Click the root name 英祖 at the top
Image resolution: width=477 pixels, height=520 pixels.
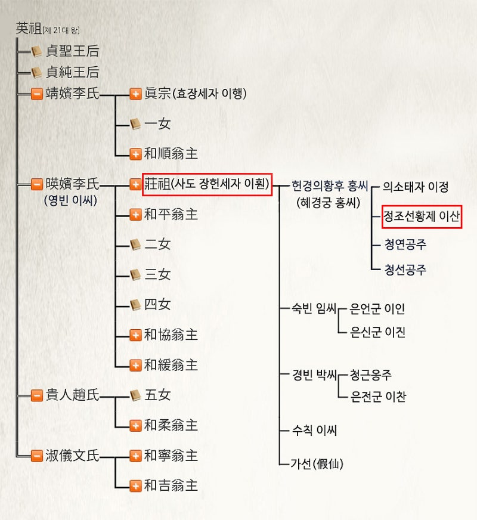point(29,29)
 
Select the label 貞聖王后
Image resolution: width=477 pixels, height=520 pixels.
point(73,51)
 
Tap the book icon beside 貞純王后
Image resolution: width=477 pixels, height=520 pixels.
point(36,72)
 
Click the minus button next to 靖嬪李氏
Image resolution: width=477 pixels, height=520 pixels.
point(37,94)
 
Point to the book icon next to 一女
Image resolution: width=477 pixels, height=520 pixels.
point(135,124)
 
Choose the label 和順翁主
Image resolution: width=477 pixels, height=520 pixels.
point(171,154)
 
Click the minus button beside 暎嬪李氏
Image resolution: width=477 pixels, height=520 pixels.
point(37,184)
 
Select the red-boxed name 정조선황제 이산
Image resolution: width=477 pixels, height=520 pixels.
point(422,216)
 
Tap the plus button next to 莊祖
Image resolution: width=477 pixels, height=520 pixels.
point(135,184)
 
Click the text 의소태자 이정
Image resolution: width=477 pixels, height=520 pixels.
point(416,187)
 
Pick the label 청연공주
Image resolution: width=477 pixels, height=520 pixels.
point(405,244)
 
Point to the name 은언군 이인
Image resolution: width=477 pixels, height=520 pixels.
point(377,309)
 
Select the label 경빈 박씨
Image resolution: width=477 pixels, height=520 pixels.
point(314,374)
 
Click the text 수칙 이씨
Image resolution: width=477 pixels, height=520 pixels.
point(314,431)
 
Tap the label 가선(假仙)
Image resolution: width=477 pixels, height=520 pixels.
point(317,463)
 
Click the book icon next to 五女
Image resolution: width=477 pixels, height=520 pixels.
point(135,395)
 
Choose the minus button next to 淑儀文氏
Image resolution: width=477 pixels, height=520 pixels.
point(37,456)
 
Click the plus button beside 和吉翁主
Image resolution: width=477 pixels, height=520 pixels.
point(135,486)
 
